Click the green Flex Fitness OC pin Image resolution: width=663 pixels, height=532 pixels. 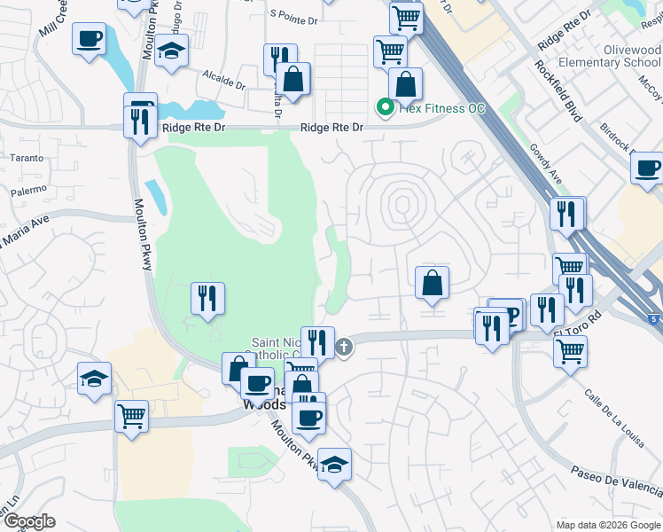tap(386, 108)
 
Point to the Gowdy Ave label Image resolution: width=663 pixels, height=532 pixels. tap(546, 161)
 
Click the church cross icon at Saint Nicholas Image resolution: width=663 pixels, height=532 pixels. tap(344, 347)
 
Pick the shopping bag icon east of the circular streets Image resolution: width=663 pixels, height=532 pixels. tap(433, 283)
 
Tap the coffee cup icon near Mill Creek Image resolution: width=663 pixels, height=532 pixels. tap(90, 40)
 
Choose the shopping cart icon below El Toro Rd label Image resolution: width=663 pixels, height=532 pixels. tap(570, 349)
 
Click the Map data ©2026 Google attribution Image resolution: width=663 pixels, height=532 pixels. tap(607, 525)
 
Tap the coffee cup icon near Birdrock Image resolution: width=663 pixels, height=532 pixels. tap(648, 167)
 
